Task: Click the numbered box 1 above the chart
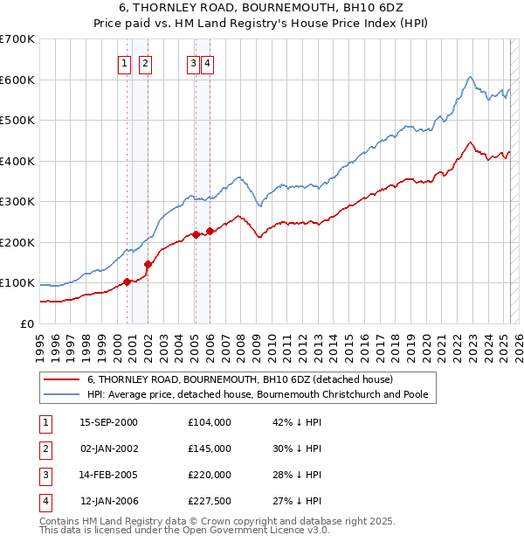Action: [124, 63]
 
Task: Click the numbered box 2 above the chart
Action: [145, 63]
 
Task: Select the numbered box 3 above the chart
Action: [192, 63]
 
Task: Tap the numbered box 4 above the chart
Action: [207, 63]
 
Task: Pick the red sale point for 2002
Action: [148, 264]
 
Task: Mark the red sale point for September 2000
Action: [128, 281]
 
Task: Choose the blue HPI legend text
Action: [257, 394]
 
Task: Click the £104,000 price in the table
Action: [210, 422]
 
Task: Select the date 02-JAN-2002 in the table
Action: [108, 448]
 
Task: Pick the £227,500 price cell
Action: [210, 501]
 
